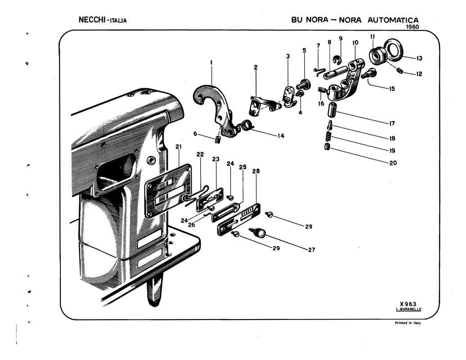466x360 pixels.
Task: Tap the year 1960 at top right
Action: pos(411,27)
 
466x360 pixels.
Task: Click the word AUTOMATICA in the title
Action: pos(393,20)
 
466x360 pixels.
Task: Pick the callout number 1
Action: pos(211,63)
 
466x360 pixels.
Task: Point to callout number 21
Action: pos(179,147)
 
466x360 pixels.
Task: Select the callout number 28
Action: pos(256,171)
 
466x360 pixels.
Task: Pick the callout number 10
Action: pos(355,42)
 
